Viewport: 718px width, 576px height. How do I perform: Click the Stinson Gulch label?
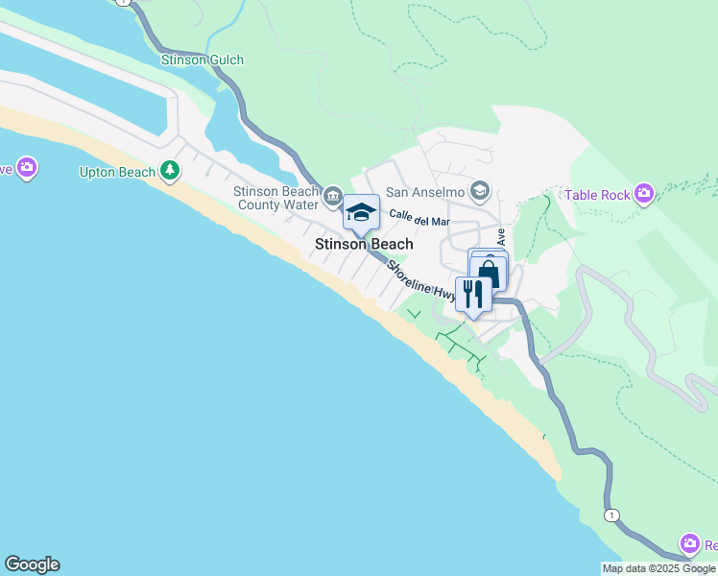tap(203, 60)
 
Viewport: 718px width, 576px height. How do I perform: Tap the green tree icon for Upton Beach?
tap(171, 171)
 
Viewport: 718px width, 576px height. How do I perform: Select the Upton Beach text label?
tap(117, 173)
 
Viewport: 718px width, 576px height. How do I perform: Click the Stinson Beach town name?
tap(364, 244)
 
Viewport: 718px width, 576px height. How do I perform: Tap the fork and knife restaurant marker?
tap(472, 293)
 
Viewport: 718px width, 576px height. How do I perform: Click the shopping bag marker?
tap(489, 272)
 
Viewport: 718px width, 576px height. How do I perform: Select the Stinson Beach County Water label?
tap(275, 198)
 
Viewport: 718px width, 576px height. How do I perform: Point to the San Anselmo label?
tap(425, 192)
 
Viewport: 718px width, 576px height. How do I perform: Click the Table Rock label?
tap(597, 195)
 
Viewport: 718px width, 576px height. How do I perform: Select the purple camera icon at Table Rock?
tap(644, 195)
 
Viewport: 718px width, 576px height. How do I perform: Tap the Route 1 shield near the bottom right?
tap(610, 516)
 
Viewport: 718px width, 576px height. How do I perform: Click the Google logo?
tap(32, 564)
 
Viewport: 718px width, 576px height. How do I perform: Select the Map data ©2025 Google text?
tap(659, 568)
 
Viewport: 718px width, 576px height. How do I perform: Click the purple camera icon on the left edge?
tap(26, 168)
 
